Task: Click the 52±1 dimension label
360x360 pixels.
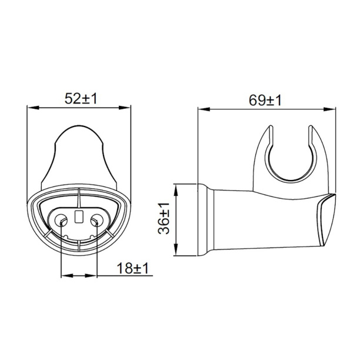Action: (81, 99)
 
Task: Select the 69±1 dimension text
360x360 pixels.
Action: (265, 101)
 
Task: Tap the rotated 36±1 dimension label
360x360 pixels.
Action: (164, 218)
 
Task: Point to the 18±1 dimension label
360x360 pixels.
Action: (133, 268)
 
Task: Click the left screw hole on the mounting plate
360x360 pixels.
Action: (61, 220)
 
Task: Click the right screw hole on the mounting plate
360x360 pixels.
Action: (97, 220)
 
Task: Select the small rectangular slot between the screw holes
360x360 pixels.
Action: (79, 216)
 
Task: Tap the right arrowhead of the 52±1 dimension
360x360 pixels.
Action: (125, 108)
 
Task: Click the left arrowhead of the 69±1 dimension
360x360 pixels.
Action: (204, 109)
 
